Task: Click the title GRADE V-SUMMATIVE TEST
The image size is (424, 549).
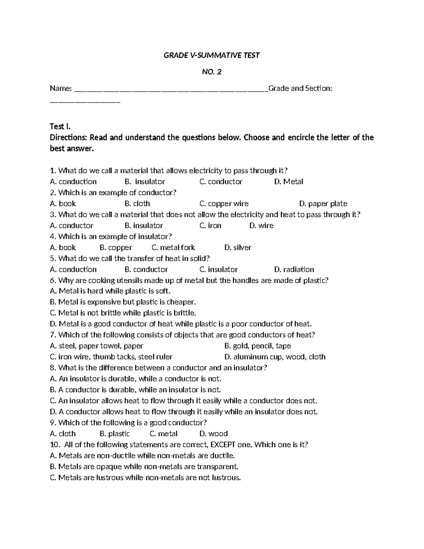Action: tap(212, 55)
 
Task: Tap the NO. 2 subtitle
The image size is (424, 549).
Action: tap(212, 72)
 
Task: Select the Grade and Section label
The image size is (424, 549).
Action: tap(300, 88)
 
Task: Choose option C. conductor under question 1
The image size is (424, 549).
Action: tap(221, 182)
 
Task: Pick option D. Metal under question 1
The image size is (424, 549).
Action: tap(289, 182)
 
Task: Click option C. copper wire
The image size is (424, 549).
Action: tap(224, 204)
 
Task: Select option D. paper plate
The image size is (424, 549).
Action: tap(323, 204)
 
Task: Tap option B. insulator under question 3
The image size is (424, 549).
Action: tap(144, 226)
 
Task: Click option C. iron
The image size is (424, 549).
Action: tap(210, 226)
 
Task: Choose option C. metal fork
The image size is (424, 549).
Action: tap(173, 247)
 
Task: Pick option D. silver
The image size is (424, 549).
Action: tap(238, 247)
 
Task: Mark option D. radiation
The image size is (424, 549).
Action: tap(294, 269)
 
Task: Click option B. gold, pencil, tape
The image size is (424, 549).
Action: tap(258, 346)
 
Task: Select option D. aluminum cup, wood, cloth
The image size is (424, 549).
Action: tap(275, 357)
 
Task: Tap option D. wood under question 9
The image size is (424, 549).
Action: tap(213, 433)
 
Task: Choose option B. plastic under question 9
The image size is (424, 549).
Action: tap(115, 433)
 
